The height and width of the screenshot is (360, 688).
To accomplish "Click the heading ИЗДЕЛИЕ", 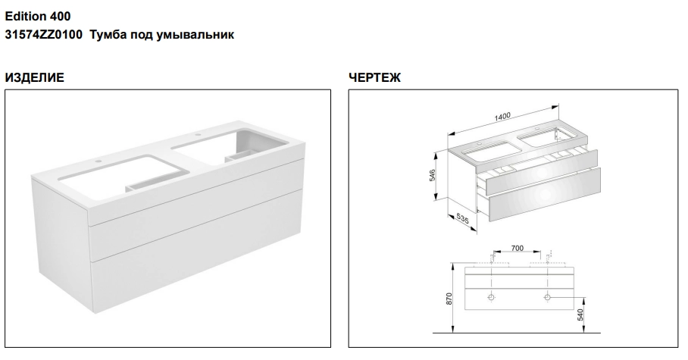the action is pos(35,78).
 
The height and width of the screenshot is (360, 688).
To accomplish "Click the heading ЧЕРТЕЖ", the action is pos(375,78).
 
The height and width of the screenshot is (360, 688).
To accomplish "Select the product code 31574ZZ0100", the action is pos(43,35).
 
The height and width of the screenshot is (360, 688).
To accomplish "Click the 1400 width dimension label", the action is pos(502,117).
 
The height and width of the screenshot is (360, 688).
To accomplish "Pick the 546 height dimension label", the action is pos(432,176).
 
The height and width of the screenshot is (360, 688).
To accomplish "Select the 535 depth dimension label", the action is pos(462,218).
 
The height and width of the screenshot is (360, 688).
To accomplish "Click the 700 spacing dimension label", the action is pos(518,248).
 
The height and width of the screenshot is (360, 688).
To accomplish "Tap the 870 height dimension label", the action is pos(449,299).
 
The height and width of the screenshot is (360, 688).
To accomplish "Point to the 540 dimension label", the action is pos(580,315).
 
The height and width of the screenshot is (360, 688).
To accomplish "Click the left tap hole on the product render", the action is pos(98,161).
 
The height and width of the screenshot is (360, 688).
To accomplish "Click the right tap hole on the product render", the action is pos(198,135).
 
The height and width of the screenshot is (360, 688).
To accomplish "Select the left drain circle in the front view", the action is pos(492,297).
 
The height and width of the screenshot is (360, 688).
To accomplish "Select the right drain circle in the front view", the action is pos(547,297).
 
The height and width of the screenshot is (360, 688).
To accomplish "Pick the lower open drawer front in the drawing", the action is pos(544,195).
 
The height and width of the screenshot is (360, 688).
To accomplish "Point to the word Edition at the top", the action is pos(25,16).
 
